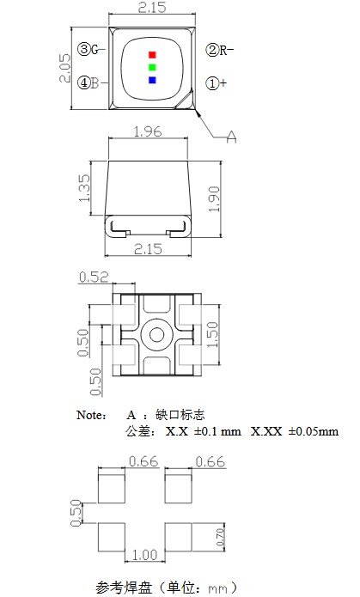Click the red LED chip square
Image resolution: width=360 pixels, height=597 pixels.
(151, 54)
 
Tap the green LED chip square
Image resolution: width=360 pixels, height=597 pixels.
(151, 67)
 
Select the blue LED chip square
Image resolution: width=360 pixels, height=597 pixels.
(151, 80)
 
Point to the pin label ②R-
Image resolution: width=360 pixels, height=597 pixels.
(220, 50)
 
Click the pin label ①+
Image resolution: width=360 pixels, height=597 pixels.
(217, 83)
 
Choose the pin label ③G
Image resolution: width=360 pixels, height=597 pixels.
(88, 50)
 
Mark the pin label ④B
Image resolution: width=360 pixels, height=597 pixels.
(88, 83)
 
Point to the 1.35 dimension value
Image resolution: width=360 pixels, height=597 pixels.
(84, 190)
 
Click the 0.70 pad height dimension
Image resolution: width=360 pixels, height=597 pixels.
(218, 538)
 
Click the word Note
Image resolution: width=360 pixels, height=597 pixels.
(92, 415)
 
